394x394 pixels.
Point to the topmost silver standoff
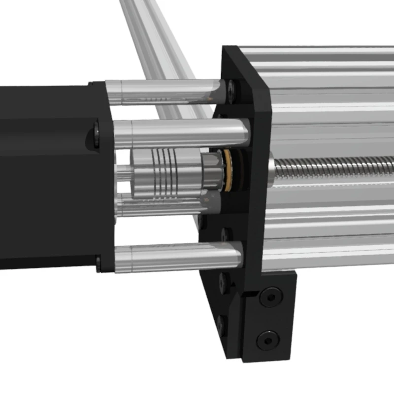[x=163, y=92]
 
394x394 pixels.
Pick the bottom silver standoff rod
[x=177, y=257]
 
